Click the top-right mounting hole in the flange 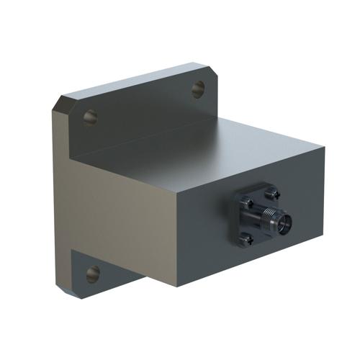point(198,89)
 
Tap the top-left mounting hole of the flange point(90,116)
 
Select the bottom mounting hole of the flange point(93,273)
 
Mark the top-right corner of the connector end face point(324,148)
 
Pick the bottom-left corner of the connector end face point(178,287)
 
